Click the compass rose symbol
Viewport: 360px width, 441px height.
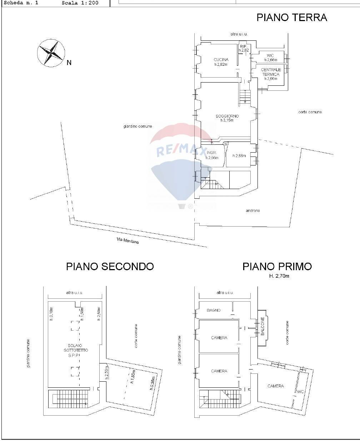pos(51,53)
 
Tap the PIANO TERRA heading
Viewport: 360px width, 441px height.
pos(291,18)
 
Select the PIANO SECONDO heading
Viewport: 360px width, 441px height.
pos(110,267)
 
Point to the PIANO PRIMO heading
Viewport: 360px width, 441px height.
pos(277,267)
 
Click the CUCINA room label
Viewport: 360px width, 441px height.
pos(221,60)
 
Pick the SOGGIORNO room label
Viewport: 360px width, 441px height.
pos(227,116)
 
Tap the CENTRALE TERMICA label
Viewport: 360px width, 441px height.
pos(271,72)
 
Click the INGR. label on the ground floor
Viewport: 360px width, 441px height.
pos(212,153)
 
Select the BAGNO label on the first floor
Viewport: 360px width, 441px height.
pos(214,310)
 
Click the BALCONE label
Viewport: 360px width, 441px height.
pos(262,326)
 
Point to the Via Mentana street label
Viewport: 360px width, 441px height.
pos(127,241)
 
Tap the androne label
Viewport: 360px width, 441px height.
pos(252,211)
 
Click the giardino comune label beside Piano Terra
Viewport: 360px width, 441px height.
pos(137,126)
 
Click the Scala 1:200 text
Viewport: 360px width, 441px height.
pos(80,3)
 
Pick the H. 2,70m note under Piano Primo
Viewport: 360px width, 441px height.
pos(279,276)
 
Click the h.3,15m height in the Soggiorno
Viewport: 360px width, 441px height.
pos(227,121)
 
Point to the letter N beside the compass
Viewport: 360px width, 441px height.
pos(69,63)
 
